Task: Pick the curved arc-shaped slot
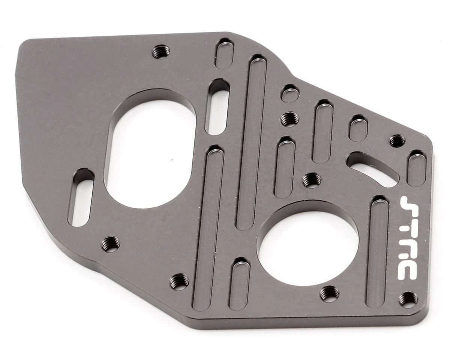[373, 169]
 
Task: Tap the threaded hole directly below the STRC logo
[408, 299]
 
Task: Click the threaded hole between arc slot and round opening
[311, 180]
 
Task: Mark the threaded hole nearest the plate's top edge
[161, 51]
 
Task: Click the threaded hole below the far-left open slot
[111, 244]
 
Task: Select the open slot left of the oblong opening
[81, 198]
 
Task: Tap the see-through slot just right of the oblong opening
[218, 107]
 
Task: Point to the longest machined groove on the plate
[251, 142]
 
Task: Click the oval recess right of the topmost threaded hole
[225, 54]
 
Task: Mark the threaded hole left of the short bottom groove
[179, 281]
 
